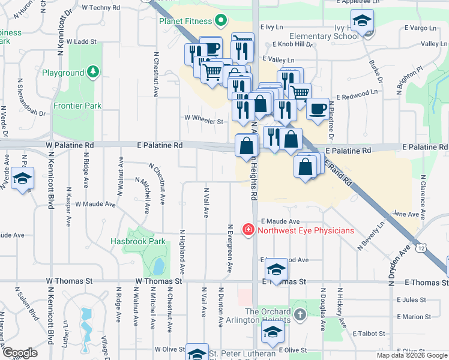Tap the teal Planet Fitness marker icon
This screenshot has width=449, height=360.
coord(220,22)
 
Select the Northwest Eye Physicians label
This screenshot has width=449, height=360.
coord(305,230)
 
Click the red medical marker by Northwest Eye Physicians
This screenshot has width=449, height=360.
coord(247,230)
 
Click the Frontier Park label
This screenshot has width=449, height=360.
coord(77,106)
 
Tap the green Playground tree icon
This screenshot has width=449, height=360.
coord(93,73)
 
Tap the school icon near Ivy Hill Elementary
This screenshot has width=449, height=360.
coord(362,22)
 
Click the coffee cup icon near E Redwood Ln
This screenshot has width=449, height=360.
coord(318,109)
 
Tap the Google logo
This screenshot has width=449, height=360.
coord(20,353)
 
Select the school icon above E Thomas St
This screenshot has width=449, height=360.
coord(276,269)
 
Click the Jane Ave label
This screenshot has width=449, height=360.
coord(405,214)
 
